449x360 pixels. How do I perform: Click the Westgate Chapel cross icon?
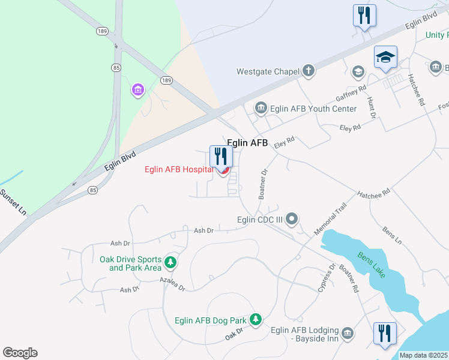coord(308,71)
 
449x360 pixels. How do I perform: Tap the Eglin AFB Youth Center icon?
coord(261,109)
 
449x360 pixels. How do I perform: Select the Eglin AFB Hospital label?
coord(179,169)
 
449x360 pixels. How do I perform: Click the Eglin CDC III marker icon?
coord(292,220)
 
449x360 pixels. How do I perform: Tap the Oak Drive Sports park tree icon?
coord(171,263)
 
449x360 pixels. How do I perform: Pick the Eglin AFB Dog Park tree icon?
coord(256,319)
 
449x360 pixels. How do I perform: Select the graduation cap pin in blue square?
coord(385,58)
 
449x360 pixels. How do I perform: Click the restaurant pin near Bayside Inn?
coord(385,333)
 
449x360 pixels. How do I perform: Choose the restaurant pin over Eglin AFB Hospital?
coord(221,157)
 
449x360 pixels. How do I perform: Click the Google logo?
coord(20,353)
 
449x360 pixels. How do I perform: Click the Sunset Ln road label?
coord(13,203)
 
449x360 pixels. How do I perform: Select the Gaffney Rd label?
coord(351,93)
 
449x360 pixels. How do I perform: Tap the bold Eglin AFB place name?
coord(247,142)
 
